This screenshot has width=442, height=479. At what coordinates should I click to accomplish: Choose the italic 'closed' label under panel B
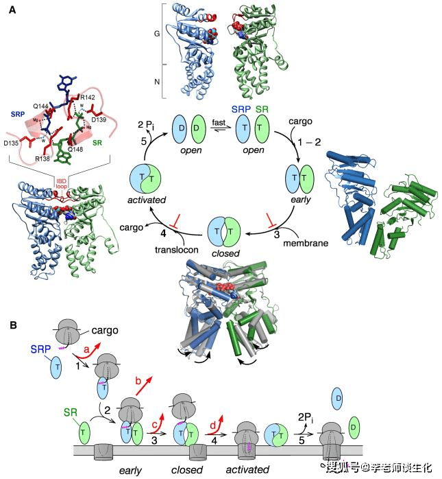pos(188,470)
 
